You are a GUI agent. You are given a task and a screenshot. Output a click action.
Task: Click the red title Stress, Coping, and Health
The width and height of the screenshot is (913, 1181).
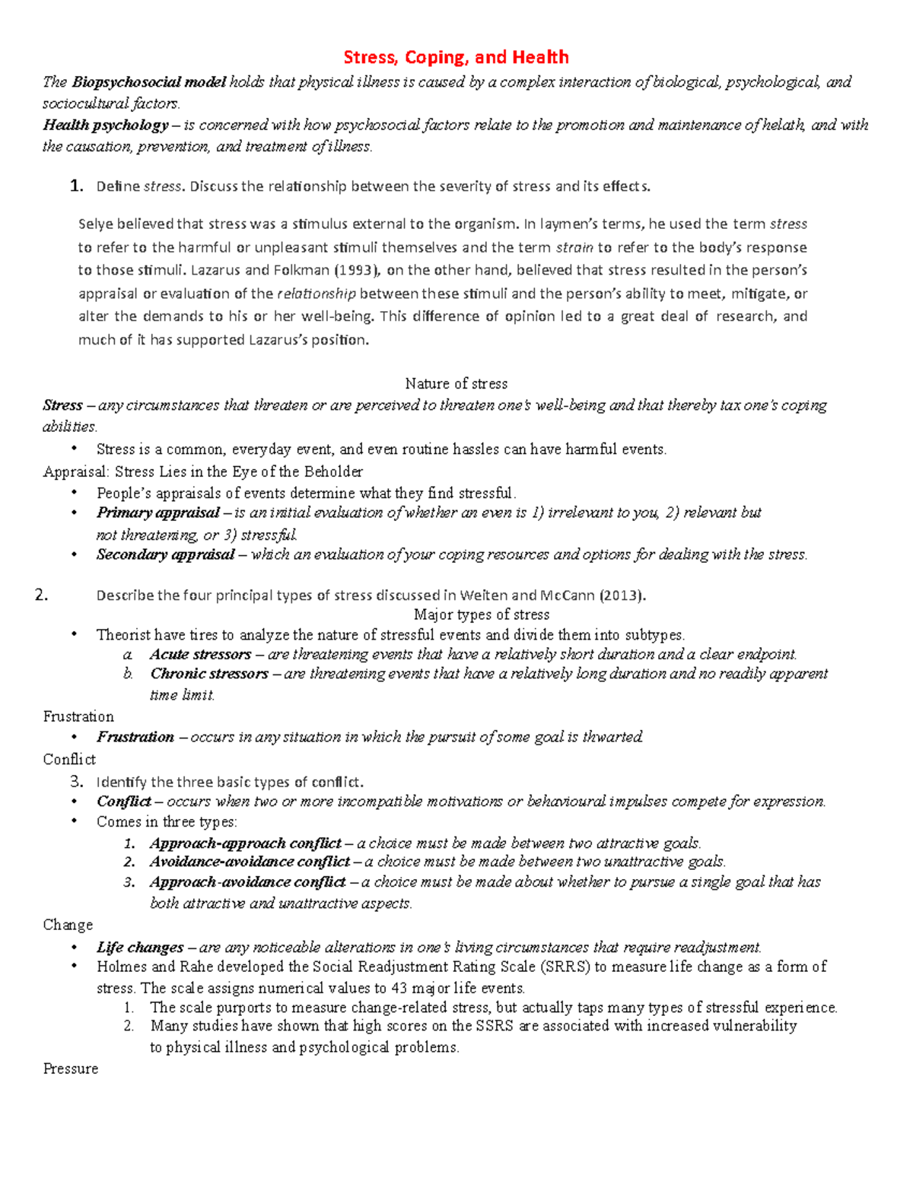pos(456,57)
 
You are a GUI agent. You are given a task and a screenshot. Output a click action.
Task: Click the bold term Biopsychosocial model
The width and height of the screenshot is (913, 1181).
pos(149,82)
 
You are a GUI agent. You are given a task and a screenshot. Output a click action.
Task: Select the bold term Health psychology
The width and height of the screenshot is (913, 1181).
pos(105,125)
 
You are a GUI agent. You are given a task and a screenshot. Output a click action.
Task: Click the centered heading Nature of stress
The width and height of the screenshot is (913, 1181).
pos(456,383)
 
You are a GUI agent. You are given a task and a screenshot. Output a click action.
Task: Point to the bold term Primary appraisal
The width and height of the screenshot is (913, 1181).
pos(158,513)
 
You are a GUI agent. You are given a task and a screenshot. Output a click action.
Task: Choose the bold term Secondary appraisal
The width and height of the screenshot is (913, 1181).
pos(165,554)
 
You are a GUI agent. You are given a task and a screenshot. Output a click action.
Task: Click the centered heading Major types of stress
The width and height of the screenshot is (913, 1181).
pos(481,614)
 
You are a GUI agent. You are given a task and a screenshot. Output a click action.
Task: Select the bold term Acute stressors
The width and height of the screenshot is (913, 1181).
pos(200,654)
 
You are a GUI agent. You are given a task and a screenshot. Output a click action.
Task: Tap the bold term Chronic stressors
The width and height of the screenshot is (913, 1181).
pos(209,674)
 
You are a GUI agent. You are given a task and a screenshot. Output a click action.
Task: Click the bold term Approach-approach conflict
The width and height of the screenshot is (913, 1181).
pos(245,843)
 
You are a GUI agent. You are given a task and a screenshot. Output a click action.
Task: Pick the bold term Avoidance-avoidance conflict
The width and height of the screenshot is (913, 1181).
pos(250,862)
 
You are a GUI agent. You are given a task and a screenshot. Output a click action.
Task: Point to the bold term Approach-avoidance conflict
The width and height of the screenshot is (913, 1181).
pos(247,882)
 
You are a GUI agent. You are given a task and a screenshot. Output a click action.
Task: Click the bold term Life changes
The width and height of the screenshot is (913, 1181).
pos(140,948)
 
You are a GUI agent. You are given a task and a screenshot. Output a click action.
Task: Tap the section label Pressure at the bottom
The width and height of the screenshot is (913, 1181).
pos(71,1068)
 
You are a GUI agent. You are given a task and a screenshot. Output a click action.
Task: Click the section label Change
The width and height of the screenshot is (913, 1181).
pos(68,925)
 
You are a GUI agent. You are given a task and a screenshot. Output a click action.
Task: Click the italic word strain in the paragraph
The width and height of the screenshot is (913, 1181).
pos(574,247)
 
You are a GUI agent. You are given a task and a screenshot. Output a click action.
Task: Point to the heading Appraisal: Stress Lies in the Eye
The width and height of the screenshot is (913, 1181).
pos(203,471)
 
